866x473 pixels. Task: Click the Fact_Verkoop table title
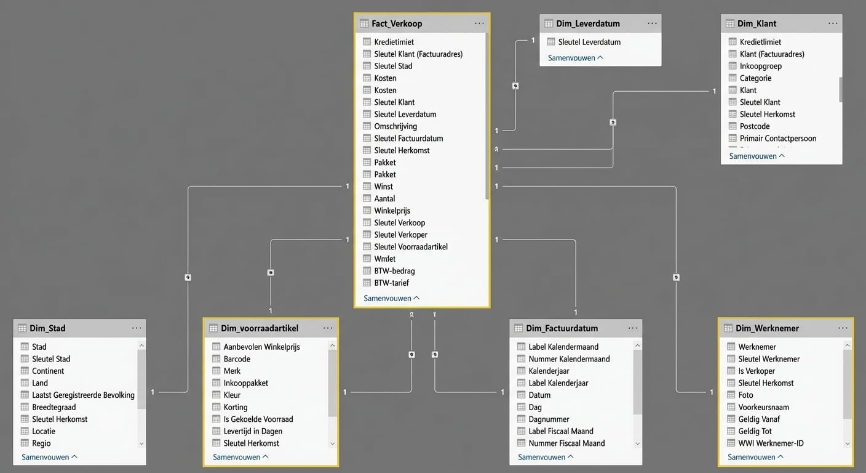(x=397, y=23)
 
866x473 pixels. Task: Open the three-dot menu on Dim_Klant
(x=833, y=23)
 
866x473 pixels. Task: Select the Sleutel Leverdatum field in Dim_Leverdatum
(x=589, y=42)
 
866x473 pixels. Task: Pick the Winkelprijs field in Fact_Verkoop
(x=392, y=211)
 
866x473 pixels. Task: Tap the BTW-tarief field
(x=391, y=283)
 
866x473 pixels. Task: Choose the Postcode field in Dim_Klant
(x=755, y=126)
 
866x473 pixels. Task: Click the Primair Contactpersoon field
(x=778, y=139)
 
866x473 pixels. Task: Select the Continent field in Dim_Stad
(x=48, y=371)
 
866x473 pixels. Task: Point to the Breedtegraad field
(x=54, y=407)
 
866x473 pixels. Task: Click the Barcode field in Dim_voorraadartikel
(x=237, y=359)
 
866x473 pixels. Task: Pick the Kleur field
(x=232, y=395)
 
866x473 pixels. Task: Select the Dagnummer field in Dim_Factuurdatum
(x=549, y=419)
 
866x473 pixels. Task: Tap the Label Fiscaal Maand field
(x=561, y=431)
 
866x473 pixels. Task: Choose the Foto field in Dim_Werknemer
(x=745, y=395)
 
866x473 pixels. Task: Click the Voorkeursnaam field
(x=763, y=407)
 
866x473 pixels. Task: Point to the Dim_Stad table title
(x=49, y=328)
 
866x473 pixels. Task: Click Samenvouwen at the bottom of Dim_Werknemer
(x=755, y=457)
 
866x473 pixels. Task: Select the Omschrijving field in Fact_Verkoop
(x=395, y=126)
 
